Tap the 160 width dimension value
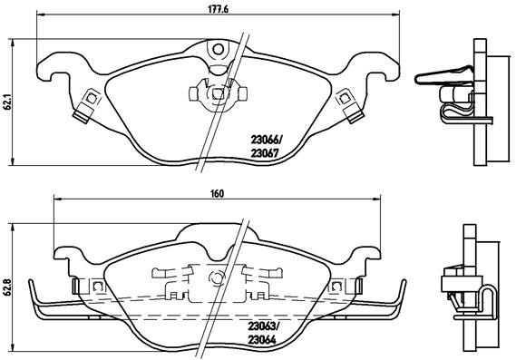tap(216, 191)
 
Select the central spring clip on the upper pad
tap(214, 92)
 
